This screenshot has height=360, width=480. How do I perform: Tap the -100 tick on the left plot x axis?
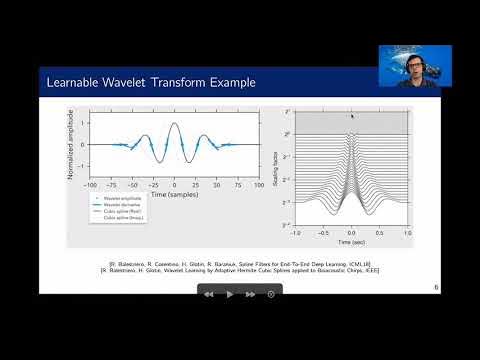coord(90,185)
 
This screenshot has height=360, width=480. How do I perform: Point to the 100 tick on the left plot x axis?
coord(259,185)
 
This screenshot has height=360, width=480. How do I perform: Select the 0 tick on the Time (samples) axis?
coord(175,185)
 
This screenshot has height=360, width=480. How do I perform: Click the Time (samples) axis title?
coord(175,193)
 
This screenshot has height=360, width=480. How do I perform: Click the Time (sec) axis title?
coord(351,242)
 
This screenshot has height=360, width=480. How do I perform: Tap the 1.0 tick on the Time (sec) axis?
coord(407,233)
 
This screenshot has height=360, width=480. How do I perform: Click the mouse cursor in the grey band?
coord(350,116)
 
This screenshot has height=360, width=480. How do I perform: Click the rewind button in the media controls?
coord(209,294)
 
